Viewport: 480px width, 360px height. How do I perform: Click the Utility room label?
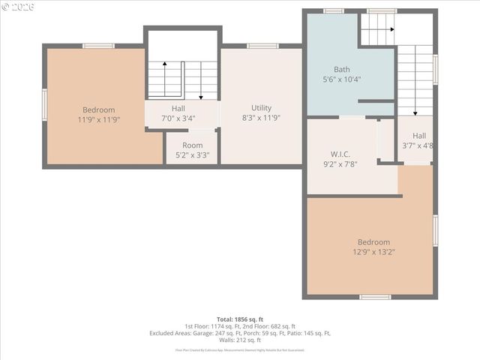click(262, 108)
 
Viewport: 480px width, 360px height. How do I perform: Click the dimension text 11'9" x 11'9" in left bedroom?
click(98, 119)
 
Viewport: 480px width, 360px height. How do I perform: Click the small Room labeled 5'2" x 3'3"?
click(192, 145)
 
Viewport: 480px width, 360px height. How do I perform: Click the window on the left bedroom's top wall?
click(98, 46)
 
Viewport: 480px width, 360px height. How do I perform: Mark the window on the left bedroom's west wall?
click(45, 104)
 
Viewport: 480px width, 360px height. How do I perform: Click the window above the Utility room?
click(262, 46)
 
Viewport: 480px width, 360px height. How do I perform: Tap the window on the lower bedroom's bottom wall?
click(374, 297)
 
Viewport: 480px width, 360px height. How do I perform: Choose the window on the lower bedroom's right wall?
click(435, 230)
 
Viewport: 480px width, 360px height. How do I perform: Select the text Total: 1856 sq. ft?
click(240, 319)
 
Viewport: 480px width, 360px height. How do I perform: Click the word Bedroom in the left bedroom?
click(98, 109)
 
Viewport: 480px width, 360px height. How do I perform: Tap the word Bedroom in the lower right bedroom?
click(373, 242)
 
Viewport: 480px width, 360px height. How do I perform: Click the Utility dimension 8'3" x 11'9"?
click(262, 118)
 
